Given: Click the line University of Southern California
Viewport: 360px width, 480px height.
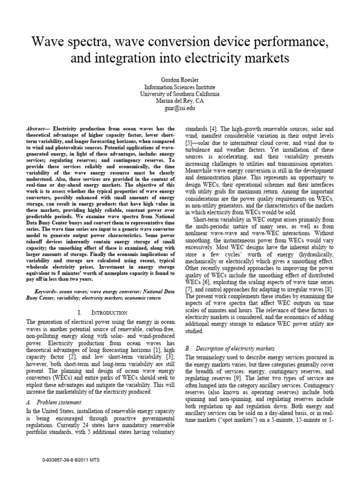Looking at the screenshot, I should coord(180,93).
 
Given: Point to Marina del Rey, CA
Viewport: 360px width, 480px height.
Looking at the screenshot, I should coord(180,100).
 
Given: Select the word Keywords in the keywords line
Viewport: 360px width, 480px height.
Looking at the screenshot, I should coord(39,291).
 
